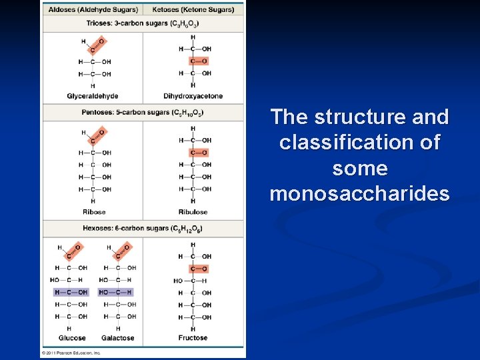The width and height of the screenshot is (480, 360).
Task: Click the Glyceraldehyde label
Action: pyautogui.click(x=92, y=96)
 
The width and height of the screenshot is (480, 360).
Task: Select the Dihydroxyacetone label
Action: pyautogui.click(x=193, y=96)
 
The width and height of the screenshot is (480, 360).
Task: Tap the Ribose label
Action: pyautogui.click(x=94, y=212)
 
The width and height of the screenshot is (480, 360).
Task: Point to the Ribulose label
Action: pyautogui.click(x=193, y=212)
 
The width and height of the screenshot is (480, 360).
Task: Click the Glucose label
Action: pyautogui.click(x=72, y=338)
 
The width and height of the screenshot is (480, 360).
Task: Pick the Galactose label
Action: pyautogui.click(x=118, y=338)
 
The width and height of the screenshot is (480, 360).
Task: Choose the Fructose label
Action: pyautogui.click(x=193, y=338)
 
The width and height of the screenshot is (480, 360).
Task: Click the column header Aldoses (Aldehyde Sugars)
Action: pyautogui.click(x=94, y=10)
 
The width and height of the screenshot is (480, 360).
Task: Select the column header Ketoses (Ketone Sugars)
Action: pyautogui.click(x=193, y=10)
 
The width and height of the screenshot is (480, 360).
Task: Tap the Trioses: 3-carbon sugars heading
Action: pyautogui.click(x=143, y=23)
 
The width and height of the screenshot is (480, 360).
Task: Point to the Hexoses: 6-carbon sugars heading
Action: pyautogui.click(x=143, y=229)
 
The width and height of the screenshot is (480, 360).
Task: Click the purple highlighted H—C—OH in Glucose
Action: pyautogui.click(x=71, y=292)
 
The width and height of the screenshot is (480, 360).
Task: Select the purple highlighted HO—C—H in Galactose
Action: pyautogui.click(x=116, y=292)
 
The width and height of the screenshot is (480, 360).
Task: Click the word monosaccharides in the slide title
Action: pyautogui.click(x=359, y=194)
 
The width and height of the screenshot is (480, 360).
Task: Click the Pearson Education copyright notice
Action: pyautogui.click(x=71, y=352)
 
